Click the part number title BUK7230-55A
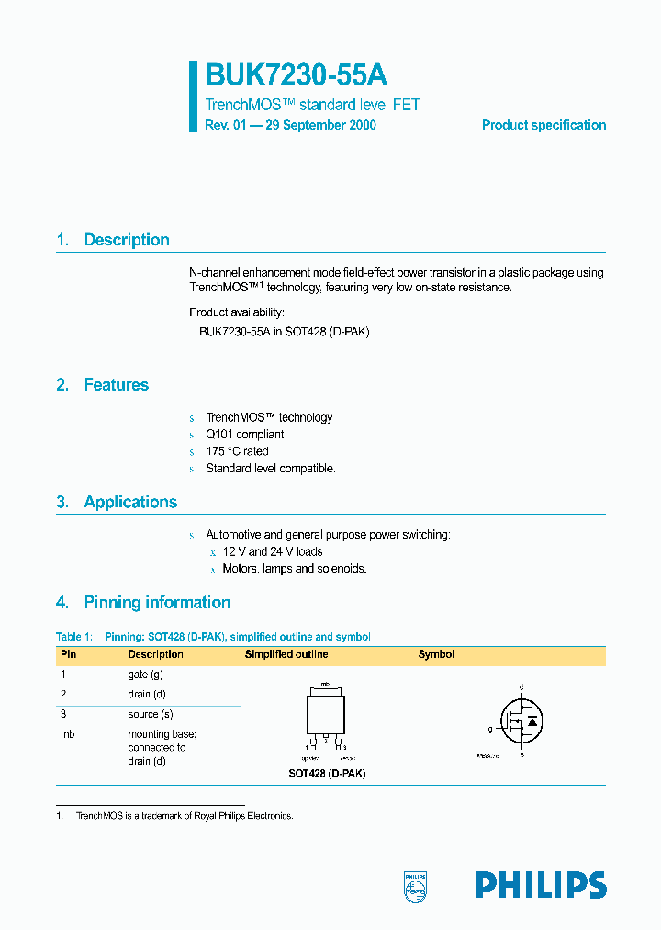(x=290, y=75)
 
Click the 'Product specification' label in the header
(x=543, y=125)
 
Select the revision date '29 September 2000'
(x=320, y=125)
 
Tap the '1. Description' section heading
(x=113, y=240)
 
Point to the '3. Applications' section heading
(x=117, y=502)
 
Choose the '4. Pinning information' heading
(x=142, y=603)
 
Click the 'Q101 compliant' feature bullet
(x=244, y=435)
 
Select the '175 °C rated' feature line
(x=237, y=451)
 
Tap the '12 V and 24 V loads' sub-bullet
(x=273, y=551)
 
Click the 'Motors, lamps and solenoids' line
(x=294, y=569)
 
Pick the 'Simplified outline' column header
(x=286, y=654)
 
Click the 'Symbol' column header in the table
(x=436, y=654)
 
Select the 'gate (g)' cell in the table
(x=144, y=675)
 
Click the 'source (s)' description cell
(x=151, y=714)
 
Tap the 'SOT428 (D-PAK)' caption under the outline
(x=327, y=774)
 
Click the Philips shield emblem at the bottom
(x=416, y=886)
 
